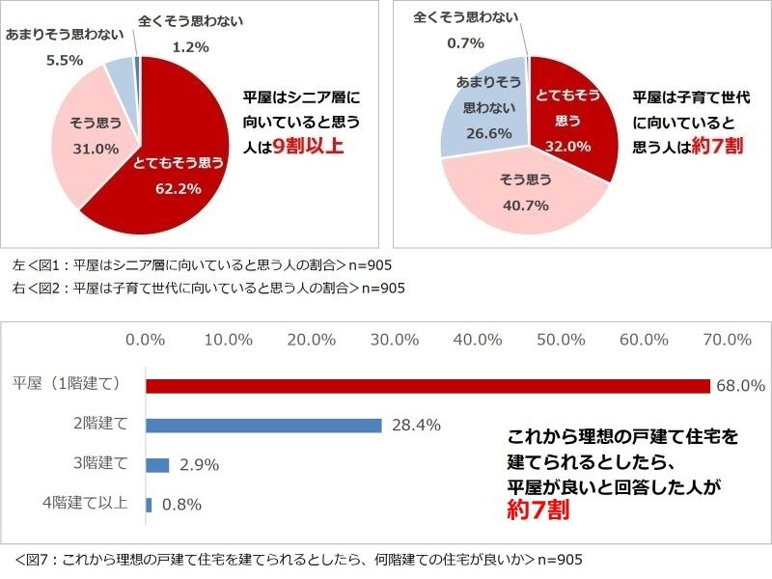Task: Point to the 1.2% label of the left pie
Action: click(x=189, y=45)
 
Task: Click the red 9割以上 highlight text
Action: click(x=309, y=147)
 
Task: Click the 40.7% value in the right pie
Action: click(x=526, y=205)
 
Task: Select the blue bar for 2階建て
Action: click(x=263, y=425)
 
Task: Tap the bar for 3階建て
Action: click(x=157, y=464)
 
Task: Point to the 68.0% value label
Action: click(x=741, y=386)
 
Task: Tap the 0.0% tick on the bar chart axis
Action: click(x=148, y=339)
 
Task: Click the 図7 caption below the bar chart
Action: click(x=299, y=559)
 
